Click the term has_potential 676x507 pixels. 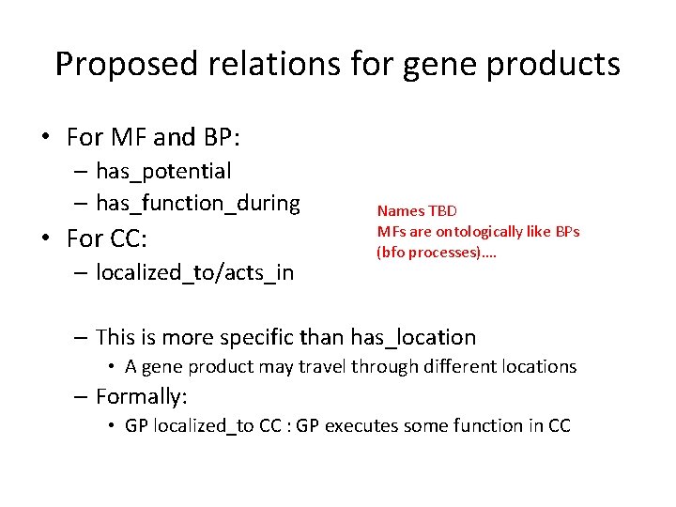(163, 171)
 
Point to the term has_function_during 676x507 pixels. (198, 203)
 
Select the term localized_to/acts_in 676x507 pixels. (194, 272)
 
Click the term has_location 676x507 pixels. (413, 336)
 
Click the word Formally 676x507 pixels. (140, 397)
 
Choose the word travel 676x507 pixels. (321, 366)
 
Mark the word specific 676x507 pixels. (300, 336)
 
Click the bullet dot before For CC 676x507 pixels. (46, 238)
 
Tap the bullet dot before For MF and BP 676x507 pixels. (46, 138)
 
